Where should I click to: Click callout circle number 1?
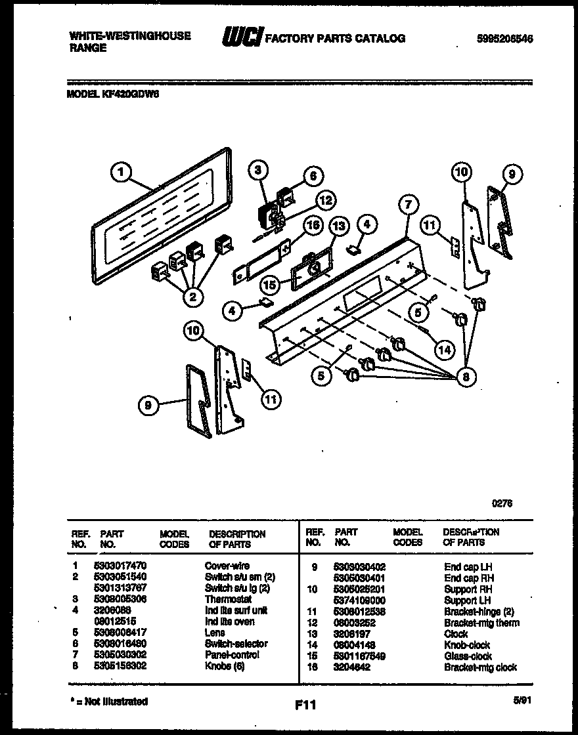tap(120, 174)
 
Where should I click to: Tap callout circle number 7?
tap(408, 205)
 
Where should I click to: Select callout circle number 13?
tap(338, 226)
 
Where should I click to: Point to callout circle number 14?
tap(445, 350)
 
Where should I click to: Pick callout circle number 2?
tap(192, 297)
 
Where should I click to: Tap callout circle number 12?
tap(323, 199)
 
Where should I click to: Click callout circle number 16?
tap(313, 225)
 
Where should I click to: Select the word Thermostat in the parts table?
tap(229, 599)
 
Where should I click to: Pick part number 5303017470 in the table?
tap(122, 566)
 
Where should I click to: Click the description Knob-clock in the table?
tap(467, 645)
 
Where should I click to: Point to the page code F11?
tap(306, 706)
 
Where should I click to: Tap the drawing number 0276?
tap(502, 503)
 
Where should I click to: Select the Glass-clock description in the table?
tap(468, 656)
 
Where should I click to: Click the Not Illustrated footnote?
tap(109, 702)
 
